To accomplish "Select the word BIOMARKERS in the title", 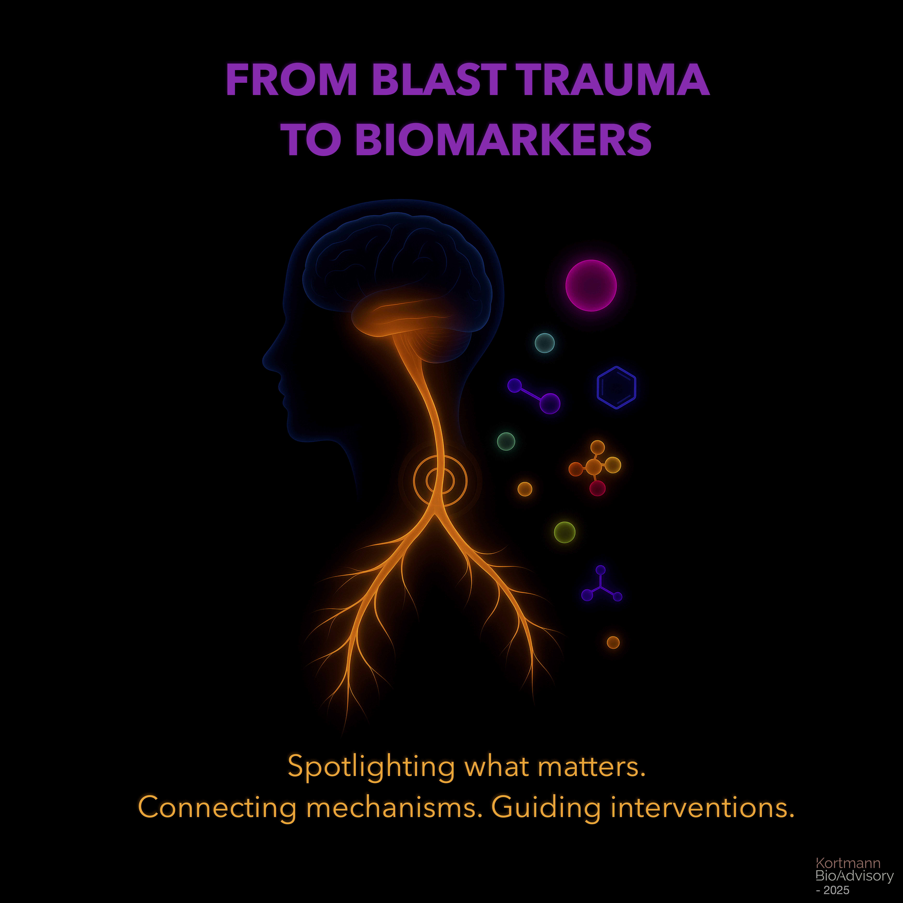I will pyautogui.click(x=503, y=139).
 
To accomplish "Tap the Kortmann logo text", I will pyautogui.click(x=847, y=863).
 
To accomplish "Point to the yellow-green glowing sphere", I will pyautogui.click(x=564, y=532).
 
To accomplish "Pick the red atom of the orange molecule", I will pyautogui.click(x=597, y=488).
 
